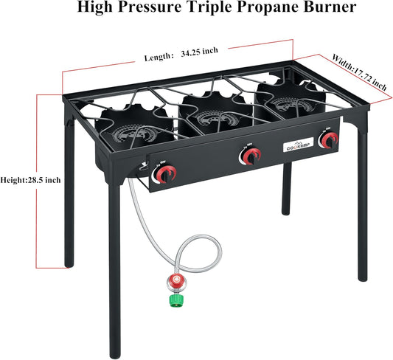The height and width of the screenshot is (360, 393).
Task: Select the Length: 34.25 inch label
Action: (181, 54)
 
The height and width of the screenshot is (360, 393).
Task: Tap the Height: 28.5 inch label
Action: (29, 179)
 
